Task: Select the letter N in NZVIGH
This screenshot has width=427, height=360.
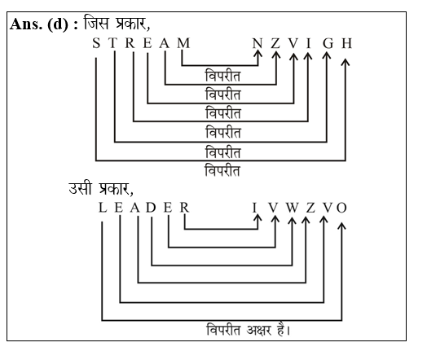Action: [258, 43]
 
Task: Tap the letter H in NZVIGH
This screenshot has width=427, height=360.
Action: [346, 43]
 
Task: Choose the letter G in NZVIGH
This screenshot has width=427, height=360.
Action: [327, 43]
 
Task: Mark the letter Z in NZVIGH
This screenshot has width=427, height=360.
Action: [275, 43]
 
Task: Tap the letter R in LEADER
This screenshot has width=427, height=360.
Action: [185, 208]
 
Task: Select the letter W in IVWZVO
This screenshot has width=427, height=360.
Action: [290, 208]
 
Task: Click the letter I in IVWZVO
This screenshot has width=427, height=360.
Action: [258, 208]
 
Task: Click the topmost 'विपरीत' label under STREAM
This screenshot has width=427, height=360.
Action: [222, 76]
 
